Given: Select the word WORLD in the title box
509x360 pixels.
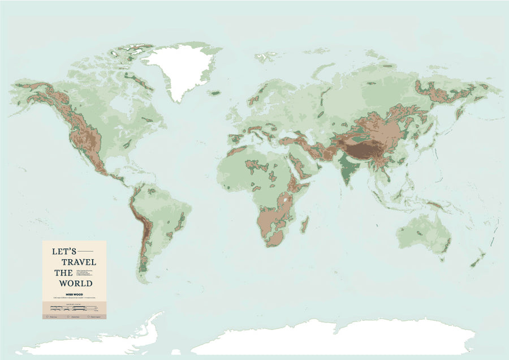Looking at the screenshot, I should click(77, 282).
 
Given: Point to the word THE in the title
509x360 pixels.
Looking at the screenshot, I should click(63, 272).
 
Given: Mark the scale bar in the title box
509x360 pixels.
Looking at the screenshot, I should click(74, 308).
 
